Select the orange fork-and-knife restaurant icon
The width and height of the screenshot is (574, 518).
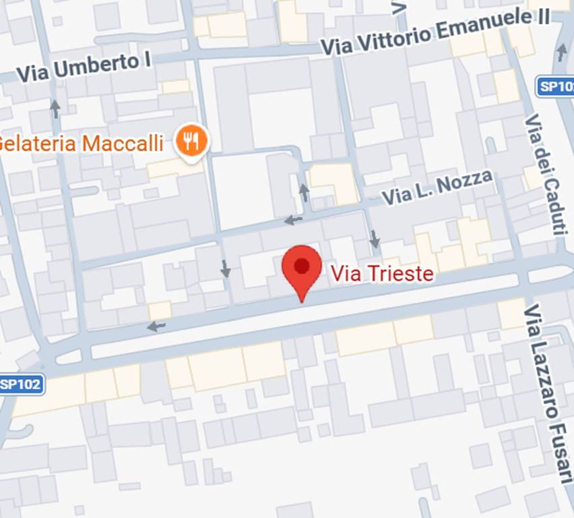(x=192, y=141)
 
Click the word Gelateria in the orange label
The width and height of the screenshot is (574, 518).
(x=34, y=144)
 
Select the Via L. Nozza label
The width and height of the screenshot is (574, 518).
(x=437, y=188)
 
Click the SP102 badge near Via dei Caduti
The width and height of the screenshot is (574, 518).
(x=555, y=86)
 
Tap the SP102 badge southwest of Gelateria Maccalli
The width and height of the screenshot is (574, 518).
(x=22, y=384)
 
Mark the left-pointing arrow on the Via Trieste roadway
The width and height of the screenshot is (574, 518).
(x=156, y=327)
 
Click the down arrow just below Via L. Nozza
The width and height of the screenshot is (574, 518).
(x=375, y=239)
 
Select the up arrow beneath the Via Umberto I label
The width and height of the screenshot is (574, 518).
(x=55, y=108)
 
